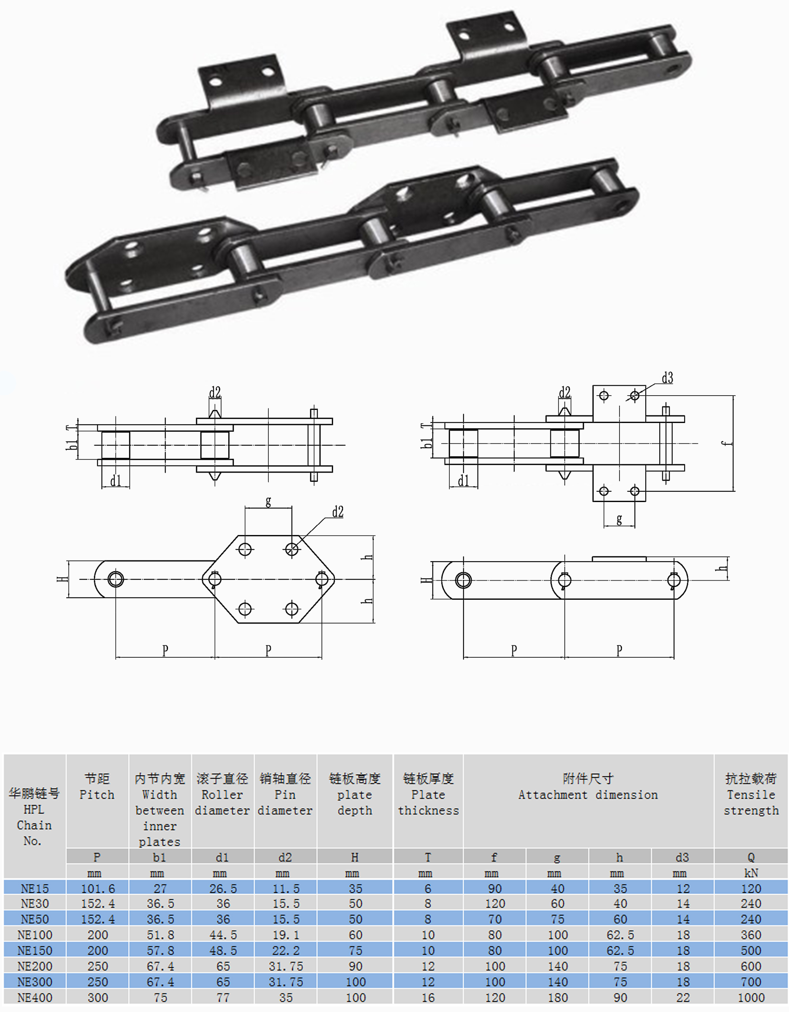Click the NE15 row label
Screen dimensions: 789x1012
tap(35, 888)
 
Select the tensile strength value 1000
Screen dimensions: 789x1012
tap(751, 998)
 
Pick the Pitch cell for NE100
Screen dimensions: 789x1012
tap(98, 935)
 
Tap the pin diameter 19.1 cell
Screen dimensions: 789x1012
tap(286, 935)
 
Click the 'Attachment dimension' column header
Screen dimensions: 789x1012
tap(588, 795)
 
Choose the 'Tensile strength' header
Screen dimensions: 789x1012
tap(751, 795)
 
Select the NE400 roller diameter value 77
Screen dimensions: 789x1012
tap(223, 998)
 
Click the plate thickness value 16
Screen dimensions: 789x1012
tap(428, 998)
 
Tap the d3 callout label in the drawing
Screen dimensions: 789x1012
tap(667, 378)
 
